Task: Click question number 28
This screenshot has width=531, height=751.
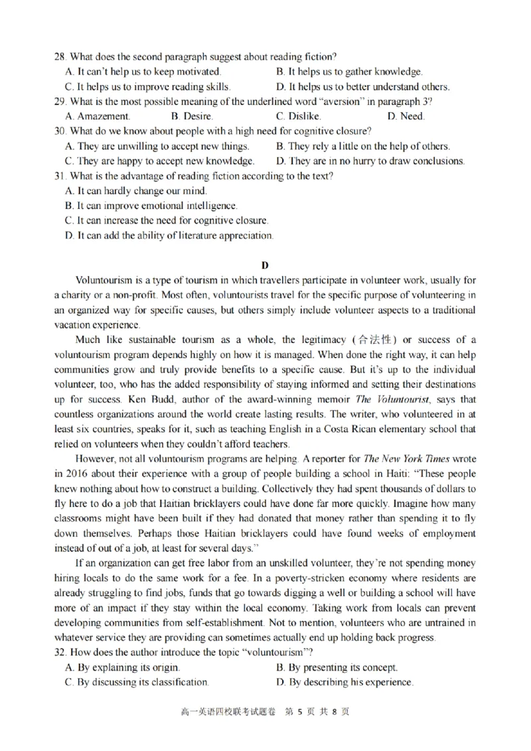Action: coord(60,57)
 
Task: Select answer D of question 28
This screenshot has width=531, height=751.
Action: coord(362,86)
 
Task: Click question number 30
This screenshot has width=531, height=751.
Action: coord(60,131)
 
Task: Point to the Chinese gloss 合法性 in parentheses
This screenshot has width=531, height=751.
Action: coord(378,340)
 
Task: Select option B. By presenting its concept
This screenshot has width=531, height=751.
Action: coord(337,667)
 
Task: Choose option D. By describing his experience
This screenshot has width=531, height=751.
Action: coord(344,682)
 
